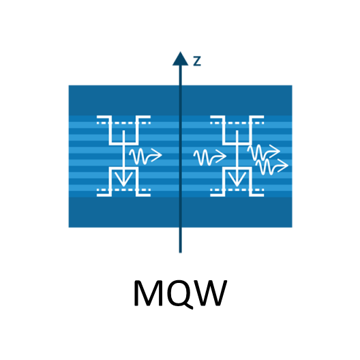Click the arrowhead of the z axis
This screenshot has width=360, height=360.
[181, 59]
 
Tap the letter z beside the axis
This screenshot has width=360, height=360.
[197, 61]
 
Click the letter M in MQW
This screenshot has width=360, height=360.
[149, 292]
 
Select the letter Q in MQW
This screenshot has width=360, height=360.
[180, 294]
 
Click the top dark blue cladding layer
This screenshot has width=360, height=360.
[181, 100]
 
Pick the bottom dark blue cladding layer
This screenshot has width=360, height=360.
[181, 212]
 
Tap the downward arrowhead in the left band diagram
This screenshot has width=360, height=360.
[123, 179]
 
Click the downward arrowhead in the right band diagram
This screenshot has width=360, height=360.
[237, 179]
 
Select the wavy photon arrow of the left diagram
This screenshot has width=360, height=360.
[145, 156]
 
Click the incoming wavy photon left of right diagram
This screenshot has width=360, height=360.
[210, 157]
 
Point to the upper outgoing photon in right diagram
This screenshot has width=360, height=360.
[264, 152]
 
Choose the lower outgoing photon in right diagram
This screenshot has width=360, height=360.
[272, 166]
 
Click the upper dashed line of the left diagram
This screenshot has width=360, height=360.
[124, 123]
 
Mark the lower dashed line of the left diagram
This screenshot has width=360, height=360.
[124, 190]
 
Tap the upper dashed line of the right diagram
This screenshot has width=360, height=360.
[237, 123]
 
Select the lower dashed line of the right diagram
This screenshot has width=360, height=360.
[237, 190]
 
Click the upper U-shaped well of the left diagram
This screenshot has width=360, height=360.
[124, 143]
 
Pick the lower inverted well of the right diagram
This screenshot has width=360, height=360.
[237, 168]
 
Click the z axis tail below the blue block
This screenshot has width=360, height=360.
[181, 240]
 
